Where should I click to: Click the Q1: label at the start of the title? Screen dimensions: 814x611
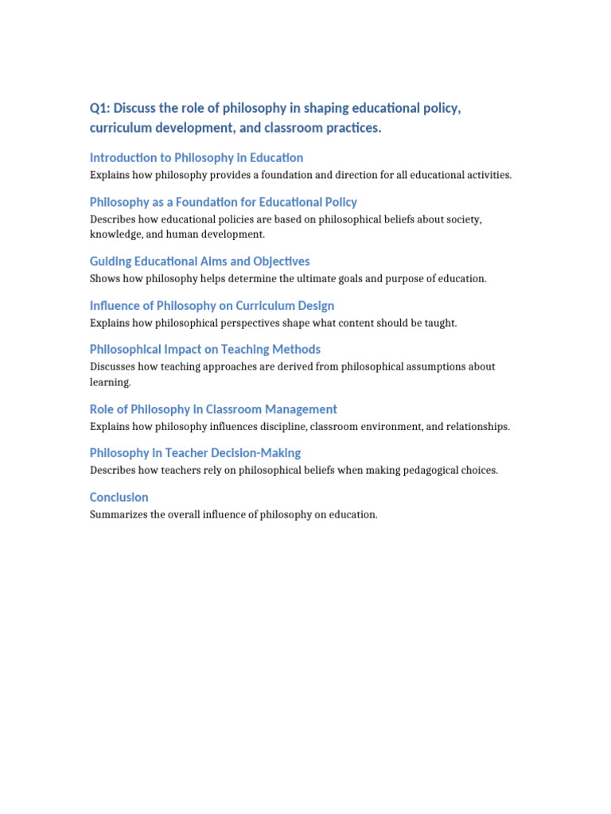[x=100, y=108]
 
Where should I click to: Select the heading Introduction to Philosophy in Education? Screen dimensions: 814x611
[x=197, y=157]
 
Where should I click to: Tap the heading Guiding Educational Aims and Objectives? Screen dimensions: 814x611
[x=200, y=262]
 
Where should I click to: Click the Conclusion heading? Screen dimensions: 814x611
[x=119, y=498]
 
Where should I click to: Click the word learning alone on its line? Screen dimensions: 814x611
[x=110, y=383]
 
